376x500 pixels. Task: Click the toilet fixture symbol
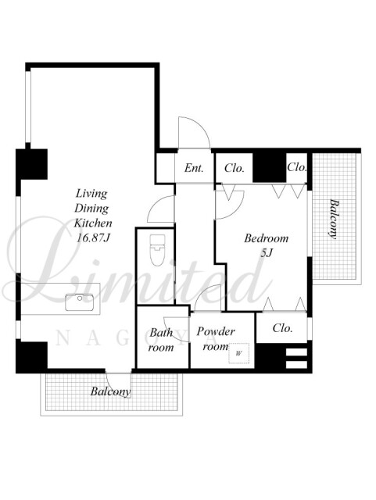pyautogui.click(x=157, y=250)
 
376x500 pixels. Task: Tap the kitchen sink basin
pyautogui.click(x=80, y=302)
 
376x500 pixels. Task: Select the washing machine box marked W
pyautogui.click(x=238, y=353)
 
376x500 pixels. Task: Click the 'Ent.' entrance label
pyautogui.click(x=194, y=168)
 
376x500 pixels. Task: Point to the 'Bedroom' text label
pyautogui.click(x=266, y=238)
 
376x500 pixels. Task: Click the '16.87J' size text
pyautogui.click(x=92, y=237)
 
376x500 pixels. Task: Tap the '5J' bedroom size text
pyautogui.click(x=267, y=253)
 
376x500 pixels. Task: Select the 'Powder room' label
pyautogui.click(x=216, y=338)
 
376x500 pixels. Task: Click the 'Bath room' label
pyautogui.click(x=161, y=340)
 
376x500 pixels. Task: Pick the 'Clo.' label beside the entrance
pyautogui.click(x=235, y=168)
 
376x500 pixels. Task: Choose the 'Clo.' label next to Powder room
pyautogui.click(x=282, y=328)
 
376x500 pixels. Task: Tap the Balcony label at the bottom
pyautogui.click(x=110, y=391)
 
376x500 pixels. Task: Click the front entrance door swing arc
pyautogui.click(x=199, y=125)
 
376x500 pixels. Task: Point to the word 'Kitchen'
pyautogui.click(x=93, y=223)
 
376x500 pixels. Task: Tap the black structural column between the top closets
pyautogui.click(x=269, y=168)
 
